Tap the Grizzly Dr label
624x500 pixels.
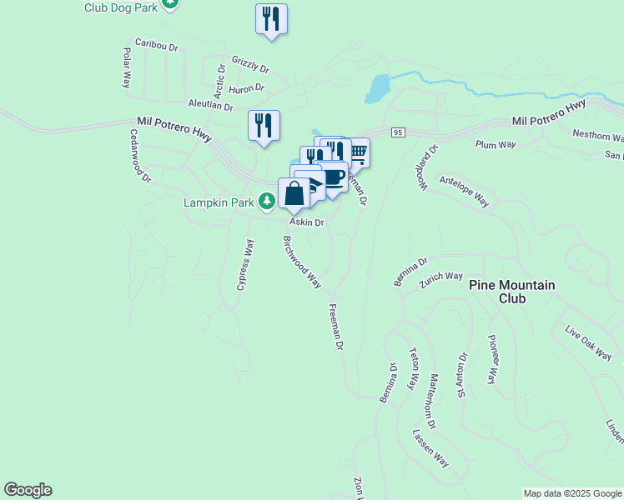(250, 64)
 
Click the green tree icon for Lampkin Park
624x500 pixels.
(266, 201)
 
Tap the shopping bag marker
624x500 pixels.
(294, 193)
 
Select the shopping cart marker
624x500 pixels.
(359, 152)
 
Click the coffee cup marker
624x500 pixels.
(334, 177)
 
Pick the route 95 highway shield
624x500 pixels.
(397, 133)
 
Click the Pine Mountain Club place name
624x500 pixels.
(511, 292)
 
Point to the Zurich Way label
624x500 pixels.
(441, 277)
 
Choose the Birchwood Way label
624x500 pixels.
(302, 262)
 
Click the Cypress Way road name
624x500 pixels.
(244, 265)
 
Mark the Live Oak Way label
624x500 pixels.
(588, 344)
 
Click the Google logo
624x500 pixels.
(28, 490)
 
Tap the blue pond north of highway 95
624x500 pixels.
(378, 87)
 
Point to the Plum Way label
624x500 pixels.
(492, 144)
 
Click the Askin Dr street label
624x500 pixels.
(306, 222)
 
